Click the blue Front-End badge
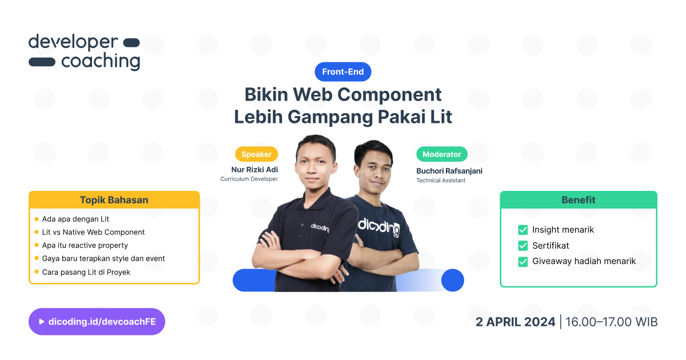[x=343, y=72]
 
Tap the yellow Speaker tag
[x=257, y=154]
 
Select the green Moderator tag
[x=442, y=154]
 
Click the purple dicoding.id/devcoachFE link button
[x=97, y=322]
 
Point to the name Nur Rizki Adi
[x=254, y=169]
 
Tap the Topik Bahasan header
[x=114, y=200]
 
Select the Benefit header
[x=578, y=200]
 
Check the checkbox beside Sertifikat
[x=523, y=246]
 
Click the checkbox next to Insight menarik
[x=523, y=230]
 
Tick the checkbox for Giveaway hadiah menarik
[x=523, y=262]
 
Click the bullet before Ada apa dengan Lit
[x=37, y=219]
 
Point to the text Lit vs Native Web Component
[x=93, y=232]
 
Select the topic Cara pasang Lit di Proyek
[x=86, y=272]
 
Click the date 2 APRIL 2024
[x=515, y=322]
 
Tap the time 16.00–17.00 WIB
[x=611, y=322]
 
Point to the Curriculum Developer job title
[x=249, y=179]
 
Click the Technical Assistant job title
[x=441, y=181]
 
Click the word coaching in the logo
[x=101, y=61]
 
